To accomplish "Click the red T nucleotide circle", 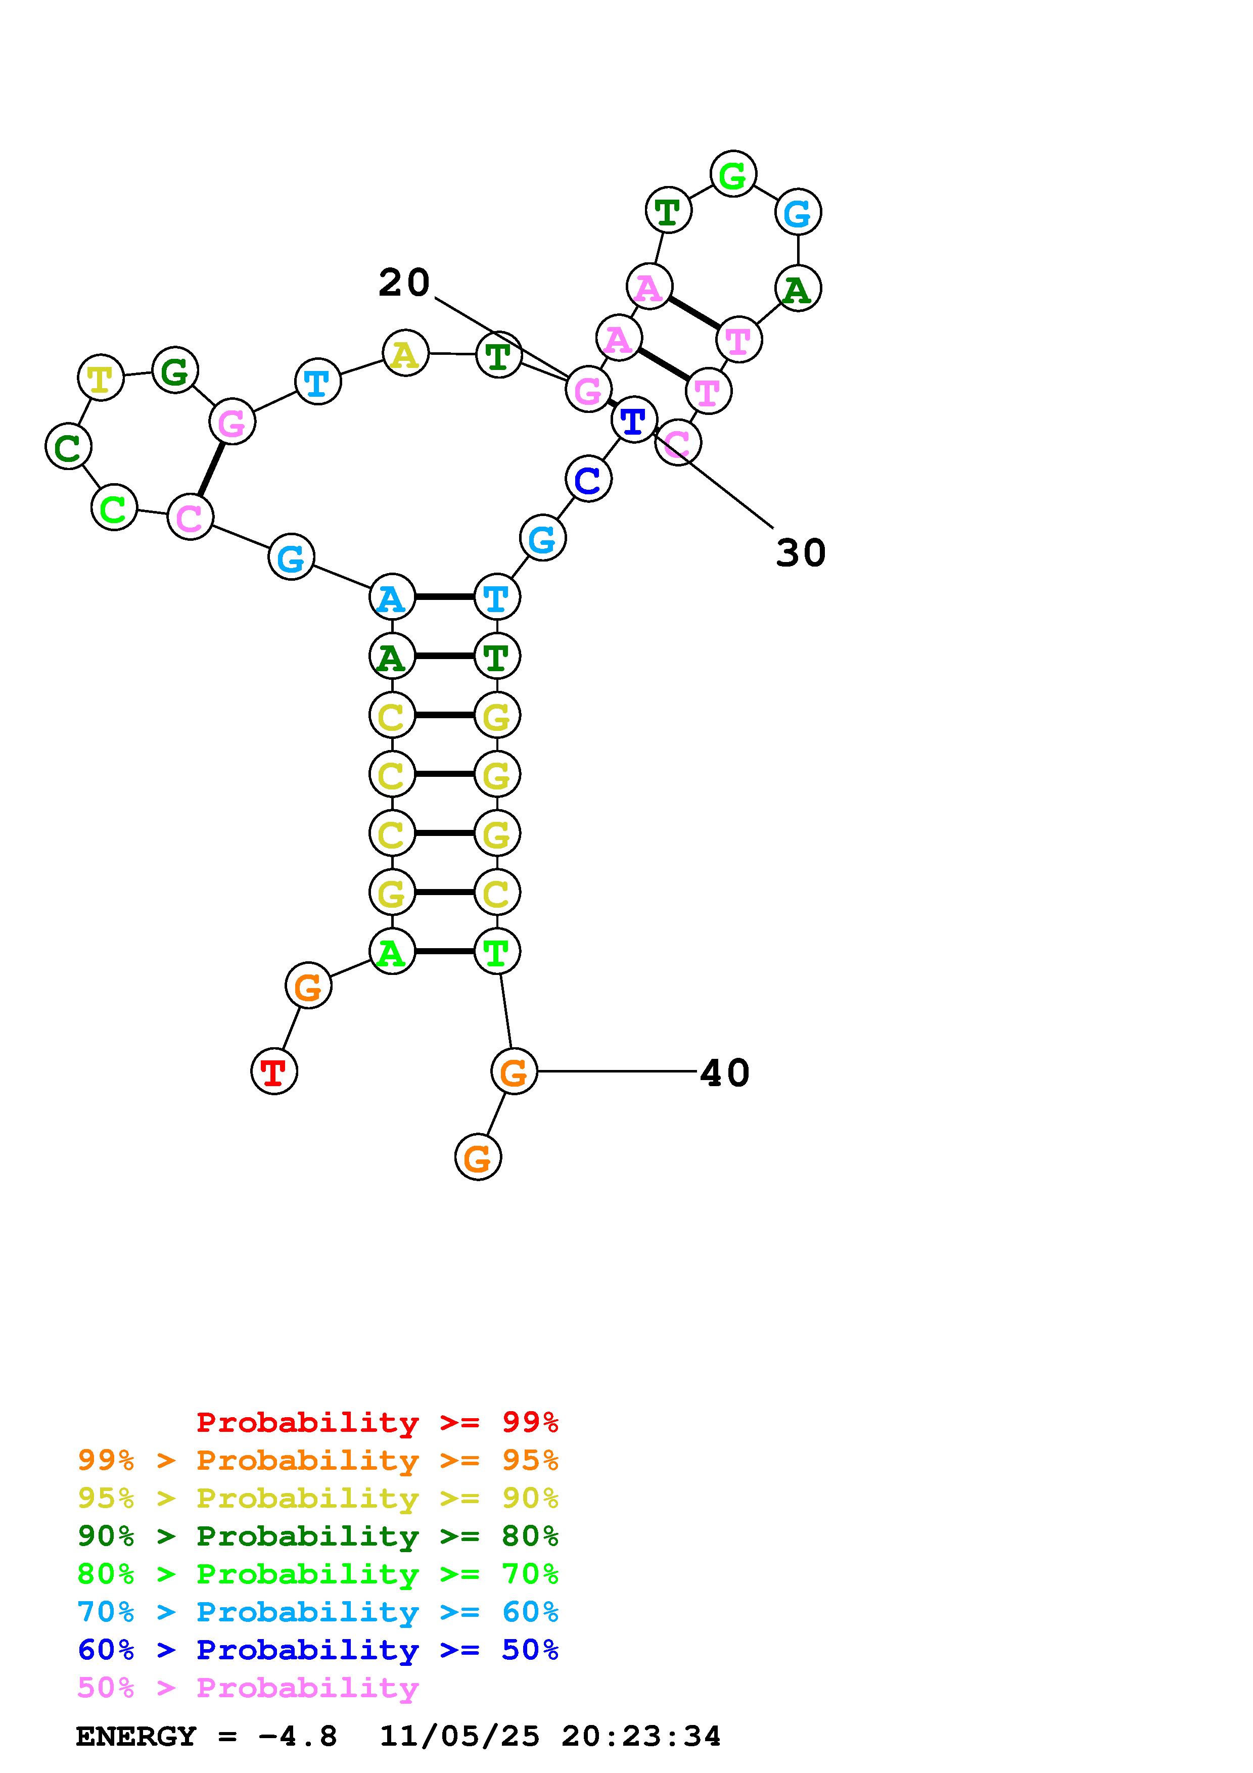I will coord(274,1071).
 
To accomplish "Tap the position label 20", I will coord(404,283).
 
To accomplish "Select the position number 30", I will coord(801,553).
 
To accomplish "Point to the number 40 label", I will coord(724,1072).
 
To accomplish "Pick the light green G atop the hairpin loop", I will coord(733,174).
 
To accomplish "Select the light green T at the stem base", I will coord(496,951).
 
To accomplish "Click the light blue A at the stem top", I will coord(392,597).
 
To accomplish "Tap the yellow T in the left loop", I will coord(101,378).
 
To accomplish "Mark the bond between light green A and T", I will coord(444,951).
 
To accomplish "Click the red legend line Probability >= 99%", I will coord(378,1422).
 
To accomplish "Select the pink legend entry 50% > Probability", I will coord(248,1687).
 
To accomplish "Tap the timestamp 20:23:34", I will coord(641,1737).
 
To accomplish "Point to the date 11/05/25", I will coord(459,1737).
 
